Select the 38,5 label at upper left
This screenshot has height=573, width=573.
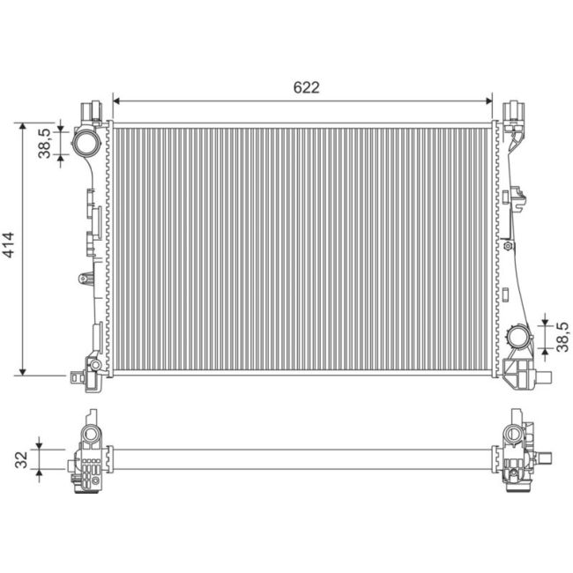[x=44, y=141]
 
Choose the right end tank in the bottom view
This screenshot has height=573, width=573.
[x=518, y=457]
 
